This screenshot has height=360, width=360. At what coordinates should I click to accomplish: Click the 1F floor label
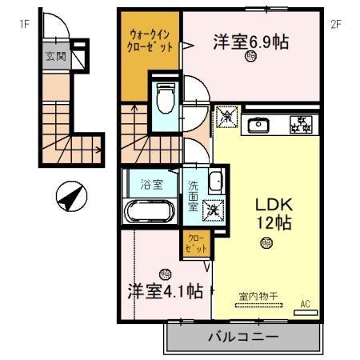click(25, 24)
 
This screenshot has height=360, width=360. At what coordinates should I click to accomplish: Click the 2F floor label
click(336, 24)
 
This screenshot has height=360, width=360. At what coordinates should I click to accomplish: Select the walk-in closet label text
click(150, 41)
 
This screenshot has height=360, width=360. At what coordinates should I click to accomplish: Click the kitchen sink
click(259, 125)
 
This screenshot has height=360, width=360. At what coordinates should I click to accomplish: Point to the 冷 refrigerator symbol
click(226, 118)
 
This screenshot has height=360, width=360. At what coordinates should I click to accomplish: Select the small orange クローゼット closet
click(194, 243)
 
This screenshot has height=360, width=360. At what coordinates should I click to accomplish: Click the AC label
click(306, 303)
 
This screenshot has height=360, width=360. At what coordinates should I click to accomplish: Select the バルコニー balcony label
click(244, 338)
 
